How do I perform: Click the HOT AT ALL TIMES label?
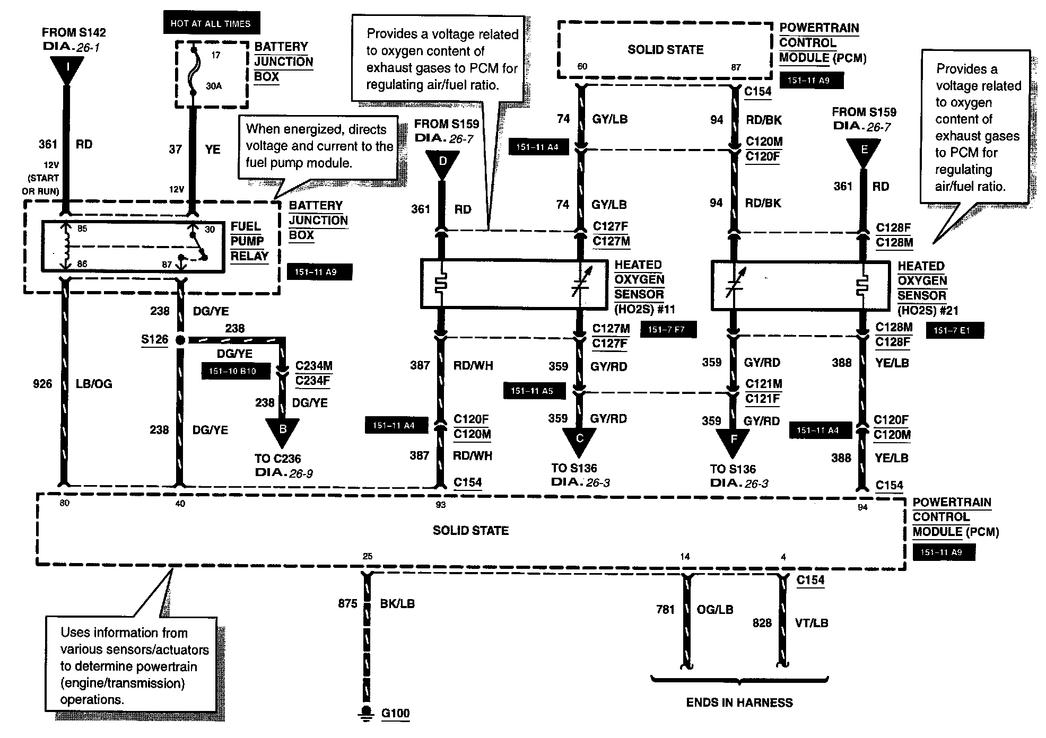210,24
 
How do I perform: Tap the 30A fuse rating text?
213,86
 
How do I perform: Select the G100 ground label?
395,713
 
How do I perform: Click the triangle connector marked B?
282,430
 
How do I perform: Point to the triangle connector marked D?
442,162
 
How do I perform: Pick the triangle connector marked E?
864,151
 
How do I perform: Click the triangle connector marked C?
579,440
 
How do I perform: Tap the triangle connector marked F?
733,440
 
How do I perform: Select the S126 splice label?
154,339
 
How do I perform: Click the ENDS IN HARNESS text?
739,702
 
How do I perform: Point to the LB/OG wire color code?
94,384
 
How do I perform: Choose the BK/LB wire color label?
397,603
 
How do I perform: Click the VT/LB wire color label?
812,623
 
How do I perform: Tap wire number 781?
665,610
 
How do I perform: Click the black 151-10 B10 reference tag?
232,371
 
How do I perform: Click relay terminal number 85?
82,229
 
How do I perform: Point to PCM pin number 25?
368,556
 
